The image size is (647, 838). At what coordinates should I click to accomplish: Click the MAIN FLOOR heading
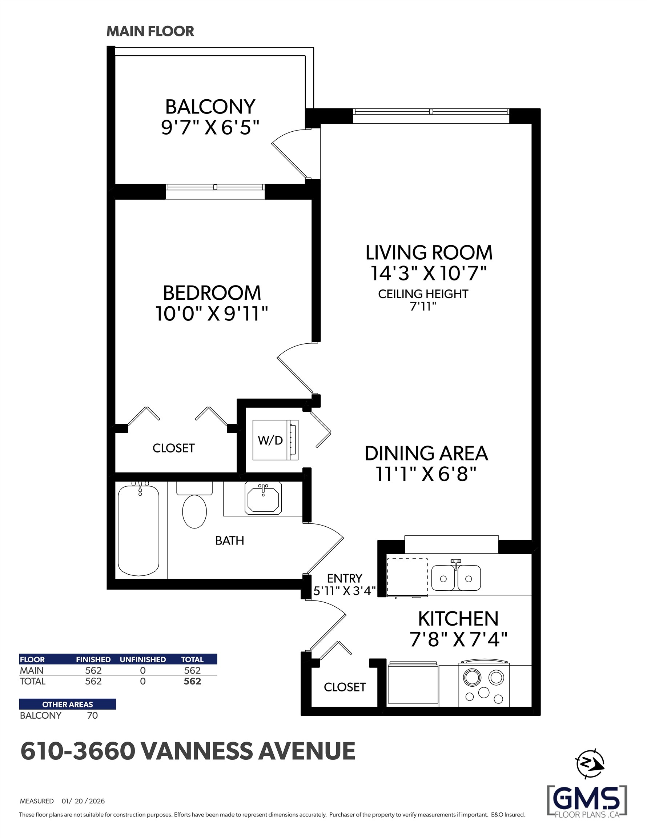click(x=150, y=32)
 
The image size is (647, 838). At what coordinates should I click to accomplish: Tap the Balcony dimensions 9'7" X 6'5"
click(x=210, y=127)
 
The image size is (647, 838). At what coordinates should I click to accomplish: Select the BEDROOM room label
click(x=212, y=293)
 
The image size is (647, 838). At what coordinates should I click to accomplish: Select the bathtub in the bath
click(x=138, y=531)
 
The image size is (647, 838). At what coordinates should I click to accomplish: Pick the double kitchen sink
click(x=455, y=578)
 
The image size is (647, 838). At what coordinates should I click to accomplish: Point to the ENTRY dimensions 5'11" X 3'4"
click(x=344, y=591)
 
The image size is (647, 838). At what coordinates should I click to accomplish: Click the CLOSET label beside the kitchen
click(x=345, y=687)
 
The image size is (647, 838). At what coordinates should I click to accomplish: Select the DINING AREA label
click(x=426, y=454)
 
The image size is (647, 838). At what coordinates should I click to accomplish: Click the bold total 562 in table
click(x=192, y=681)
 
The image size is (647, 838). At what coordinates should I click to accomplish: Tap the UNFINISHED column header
click(x=143, y=659)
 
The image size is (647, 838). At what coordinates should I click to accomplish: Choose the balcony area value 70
click(x=92, y=715)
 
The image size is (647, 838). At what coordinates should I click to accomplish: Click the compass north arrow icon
click(x=590, y=763)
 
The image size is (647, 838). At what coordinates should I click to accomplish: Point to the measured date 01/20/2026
click(x=83, y=801)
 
